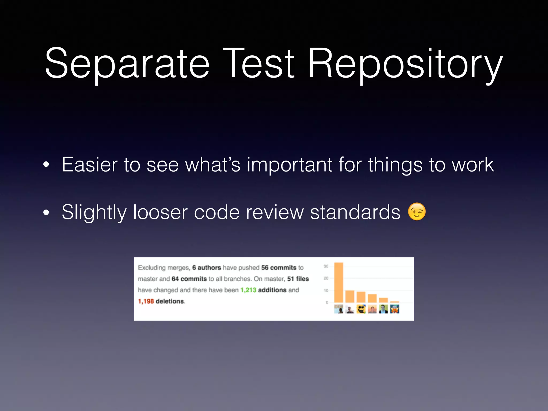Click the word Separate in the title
coord(127,64)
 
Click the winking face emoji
coord(417,212)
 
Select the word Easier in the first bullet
coord(90,165)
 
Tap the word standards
coord(355,212)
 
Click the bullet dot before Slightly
coord(46,213)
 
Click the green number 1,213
coord(248,290)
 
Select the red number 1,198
coord(146,301)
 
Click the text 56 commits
coord(279,268)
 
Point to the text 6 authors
coord(206,268)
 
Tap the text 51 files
coord(298,279)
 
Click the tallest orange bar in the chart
coord(338,283)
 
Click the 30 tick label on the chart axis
coord(326,266)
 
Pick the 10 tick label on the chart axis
coord(326,290)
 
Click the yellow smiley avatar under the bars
coord(361,309)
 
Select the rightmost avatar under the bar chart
coord(394,309)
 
